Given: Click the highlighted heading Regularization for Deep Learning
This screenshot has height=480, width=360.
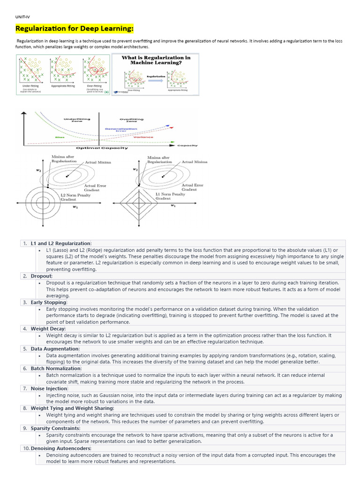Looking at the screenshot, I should click(75, 29).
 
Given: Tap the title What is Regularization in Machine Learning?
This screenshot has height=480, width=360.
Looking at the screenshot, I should click(156, 60).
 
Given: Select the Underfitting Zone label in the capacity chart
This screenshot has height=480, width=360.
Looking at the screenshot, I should click(73, 120).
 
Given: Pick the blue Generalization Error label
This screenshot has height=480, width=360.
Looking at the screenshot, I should click(121, 129).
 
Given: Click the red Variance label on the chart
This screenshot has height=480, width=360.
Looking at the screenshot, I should click(146, 137).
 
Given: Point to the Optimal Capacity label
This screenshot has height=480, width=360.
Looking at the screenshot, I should click(102, 148).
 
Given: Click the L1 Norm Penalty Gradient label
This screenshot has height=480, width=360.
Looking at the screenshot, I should click(170, 196).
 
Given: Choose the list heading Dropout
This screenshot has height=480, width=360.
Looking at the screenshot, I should click(41, 276).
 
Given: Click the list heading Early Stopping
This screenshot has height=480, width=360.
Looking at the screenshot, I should click(49, 302).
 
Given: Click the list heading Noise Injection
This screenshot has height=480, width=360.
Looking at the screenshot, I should click(49, 389).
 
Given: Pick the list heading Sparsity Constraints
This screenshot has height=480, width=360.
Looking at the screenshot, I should click(55, 428).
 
